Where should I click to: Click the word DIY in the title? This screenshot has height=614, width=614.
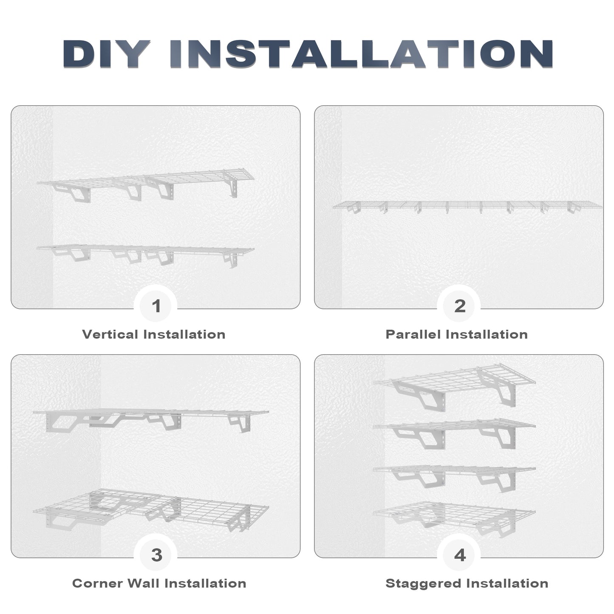point(106,54)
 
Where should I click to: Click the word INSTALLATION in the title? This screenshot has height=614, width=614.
point(361,54)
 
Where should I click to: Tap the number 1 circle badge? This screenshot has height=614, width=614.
point(156,306)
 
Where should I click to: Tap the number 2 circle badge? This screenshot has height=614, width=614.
point(460,306)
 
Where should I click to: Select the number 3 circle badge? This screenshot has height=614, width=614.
point(156,555)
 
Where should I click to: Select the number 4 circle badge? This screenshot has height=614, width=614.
point(460,555)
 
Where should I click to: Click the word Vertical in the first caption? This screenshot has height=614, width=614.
point(110,334)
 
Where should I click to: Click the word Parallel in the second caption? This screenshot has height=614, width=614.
point(413,334)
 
